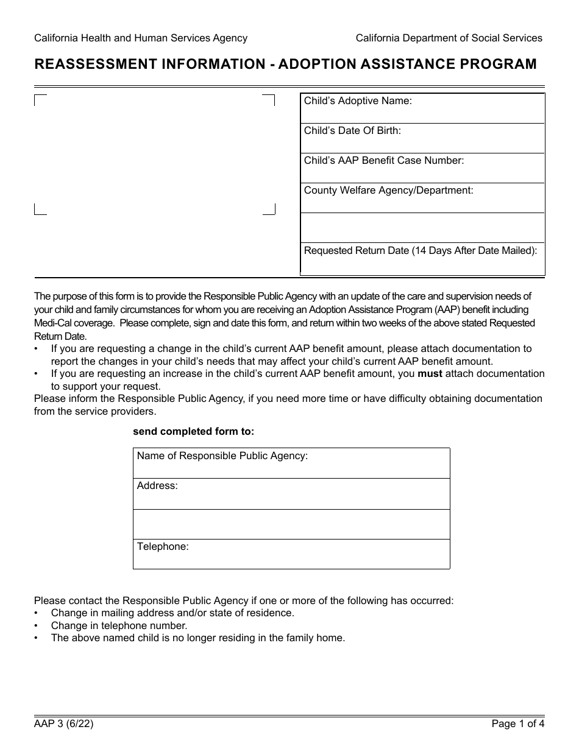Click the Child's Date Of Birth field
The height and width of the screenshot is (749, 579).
point(422,138)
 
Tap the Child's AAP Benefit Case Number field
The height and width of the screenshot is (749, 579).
point(422,168)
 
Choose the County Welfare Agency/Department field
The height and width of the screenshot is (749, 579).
point(422,198)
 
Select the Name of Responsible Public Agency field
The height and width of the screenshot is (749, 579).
point(291,463)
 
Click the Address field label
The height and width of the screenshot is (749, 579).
point(157,486)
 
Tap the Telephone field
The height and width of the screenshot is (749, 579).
point(291,554)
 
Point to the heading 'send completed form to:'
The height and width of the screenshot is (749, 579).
point(193,432)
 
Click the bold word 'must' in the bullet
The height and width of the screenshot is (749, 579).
point(430,374)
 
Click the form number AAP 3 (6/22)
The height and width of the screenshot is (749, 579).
point(63,725)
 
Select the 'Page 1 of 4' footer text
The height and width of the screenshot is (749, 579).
point(517,725)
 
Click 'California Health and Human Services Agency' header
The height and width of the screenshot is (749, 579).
point(141,38)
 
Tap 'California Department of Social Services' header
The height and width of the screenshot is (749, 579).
point(449,38)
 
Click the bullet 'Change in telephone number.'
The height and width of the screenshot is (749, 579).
point(119,625)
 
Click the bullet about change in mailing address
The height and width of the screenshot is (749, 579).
point(172,613)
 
